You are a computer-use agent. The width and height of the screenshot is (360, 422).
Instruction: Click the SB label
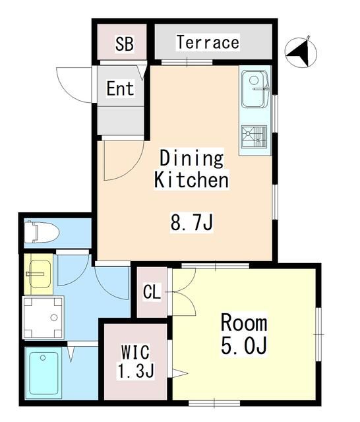124,44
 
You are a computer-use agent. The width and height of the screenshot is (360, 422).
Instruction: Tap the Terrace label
207,43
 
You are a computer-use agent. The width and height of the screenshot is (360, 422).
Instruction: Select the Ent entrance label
120,89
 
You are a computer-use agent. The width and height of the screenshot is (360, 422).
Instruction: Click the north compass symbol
301,51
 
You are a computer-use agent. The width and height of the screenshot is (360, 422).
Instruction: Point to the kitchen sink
255,90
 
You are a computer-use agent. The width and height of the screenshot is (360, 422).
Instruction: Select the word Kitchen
191,180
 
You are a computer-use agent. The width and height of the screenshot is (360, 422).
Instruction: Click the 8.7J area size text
192,224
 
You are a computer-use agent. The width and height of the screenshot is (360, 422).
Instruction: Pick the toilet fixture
42,232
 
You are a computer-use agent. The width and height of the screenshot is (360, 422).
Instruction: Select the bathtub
45,373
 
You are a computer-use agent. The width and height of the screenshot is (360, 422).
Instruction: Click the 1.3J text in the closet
136,371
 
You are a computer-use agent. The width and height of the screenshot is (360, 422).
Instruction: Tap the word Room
243,323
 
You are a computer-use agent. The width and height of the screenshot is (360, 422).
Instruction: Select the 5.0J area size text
243,346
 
